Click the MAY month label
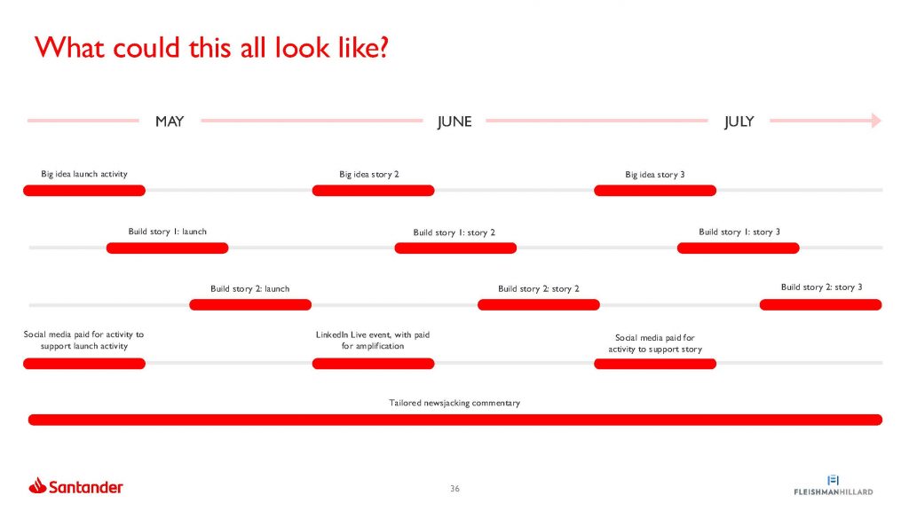[x=170, y=121]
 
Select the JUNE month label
[x=454, y=122]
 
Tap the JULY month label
[x=739, y=122]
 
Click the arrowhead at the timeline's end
[x=876, y=121]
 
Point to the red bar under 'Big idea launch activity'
[x=84, y=191]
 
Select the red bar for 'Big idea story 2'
[x=374, y=191]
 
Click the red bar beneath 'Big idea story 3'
[x=655, y=191]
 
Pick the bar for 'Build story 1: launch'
[x=168, y=248]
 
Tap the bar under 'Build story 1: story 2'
[x=455, y=248]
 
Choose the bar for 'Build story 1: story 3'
[x=739, y=248]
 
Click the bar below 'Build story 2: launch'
[x=250, y=305]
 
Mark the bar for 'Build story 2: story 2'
[x=539, y=305]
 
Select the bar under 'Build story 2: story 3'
[x=821, y=305]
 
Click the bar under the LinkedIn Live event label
[x=374, y=364]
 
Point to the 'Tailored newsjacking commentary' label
[x=454, y=403]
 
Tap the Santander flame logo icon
[x=37, y=485]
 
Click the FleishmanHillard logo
[x=833, y=485]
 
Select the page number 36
[x=455, y=489]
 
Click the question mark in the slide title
[x=381, y=48]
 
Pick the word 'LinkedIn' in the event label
[x=332, y=334]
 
